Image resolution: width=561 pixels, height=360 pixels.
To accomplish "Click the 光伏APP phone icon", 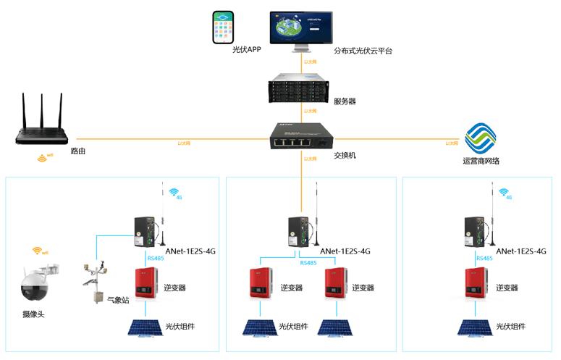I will pyautogui.click(x=223, y=28).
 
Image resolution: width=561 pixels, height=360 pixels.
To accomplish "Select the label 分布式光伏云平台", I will pyautogui.click(x=363, y=51).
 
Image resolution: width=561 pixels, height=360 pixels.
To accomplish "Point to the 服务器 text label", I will pyautogui.click(x=345, y=101).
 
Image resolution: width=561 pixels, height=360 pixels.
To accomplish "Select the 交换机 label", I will pyautogui.click(x=345, y=155).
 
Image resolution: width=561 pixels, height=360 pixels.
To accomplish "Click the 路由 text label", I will pyautogui.click(x=79, y=151).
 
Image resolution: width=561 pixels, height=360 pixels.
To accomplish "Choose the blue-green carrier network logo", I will pyautogui.click(x=481, y=138).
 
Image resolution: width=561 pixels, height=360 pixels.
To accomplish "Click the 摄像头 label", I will pyautogui.click(x=34, y=314).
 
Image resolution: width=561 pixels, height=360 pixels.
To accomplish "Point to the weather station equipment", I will pyautogui.click(x=96, y=280).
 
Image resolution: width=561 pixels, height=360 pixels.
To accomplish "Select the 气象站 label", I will pyautogui.click(x=118, y=299).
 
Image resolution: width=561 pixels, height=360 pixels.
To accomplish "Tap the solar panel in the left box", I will pyautogui.click(x=145, y=327).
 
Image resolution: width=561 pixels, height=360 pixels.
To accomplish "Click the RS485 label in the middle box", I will pyautogui.click(x=308, y=263).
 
